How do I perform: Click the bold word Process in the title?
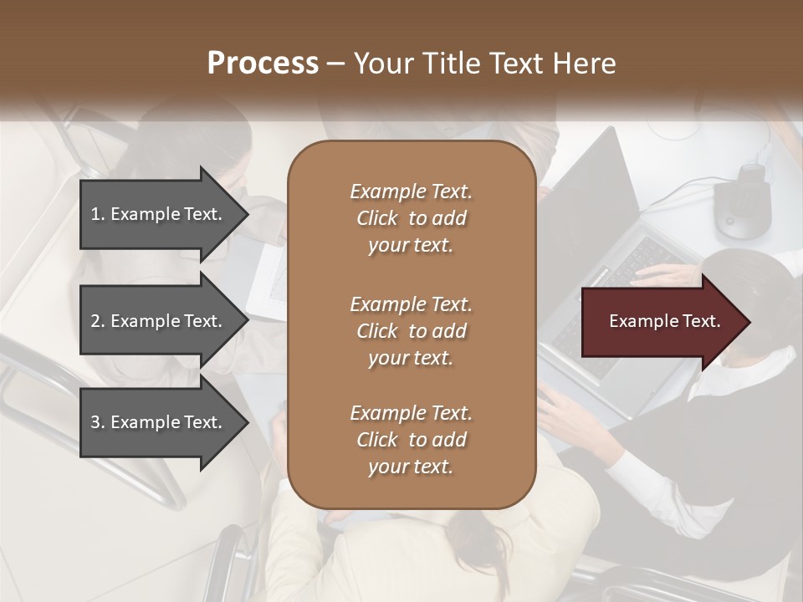[263, 64]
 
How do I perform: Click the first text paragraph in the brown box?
[411, 218]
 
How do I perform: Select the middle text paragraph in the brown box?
[411, 330]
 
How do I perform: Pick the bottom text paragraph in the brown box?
[411, 440]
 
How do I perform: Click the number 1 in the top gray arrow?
[95, 214]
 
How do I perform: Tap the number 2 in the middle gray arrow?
[95, 321]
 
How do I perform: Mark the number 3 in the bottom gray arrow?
[95, 422]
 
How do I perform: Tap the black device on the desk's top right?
[743, 201]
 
